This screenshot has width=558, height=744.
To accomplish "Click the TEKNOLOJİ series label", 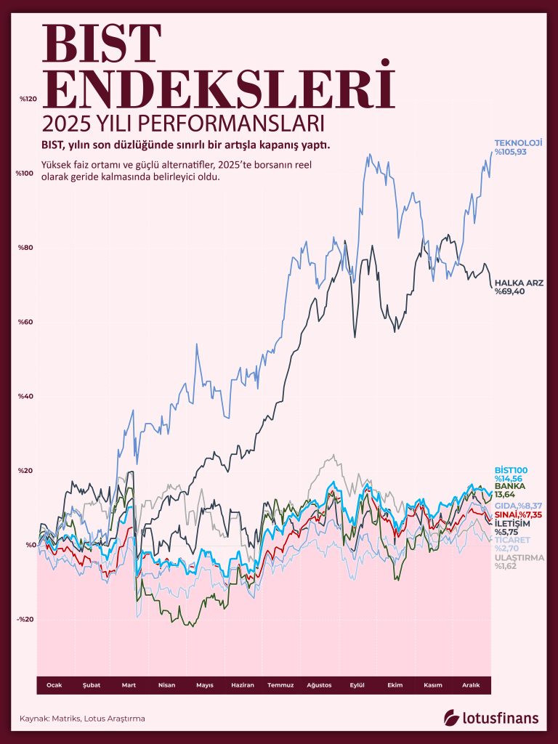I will [519, 142].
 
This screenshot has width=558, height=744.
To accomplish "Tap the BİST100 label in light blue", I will [511, 470].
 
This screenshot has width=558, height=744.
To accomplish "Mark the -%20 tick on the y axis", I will [26, 619].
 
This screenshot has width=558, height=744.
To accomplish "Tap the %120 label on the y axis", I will [27, 98].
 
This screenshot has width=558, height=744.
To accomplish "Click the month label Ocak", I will [54, 684].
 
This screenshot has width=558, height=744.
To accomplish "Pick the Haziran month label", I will [242, 684].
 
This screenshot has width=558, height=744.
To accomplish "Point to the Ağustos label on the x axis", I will [319, 684].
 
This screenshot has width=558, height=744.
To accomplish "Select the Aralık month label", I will [471, 684].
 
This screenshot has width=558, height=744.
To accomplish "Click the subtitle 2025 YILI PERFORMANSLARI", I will [182, 119].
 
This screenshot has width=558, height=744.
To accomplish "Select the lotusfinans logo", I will [492, 718].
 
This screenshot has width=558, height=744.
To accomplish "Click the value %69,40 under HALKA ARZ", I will [510, 291].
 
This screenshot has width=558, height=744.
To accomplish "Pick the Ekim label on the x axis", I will [395, 684].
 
